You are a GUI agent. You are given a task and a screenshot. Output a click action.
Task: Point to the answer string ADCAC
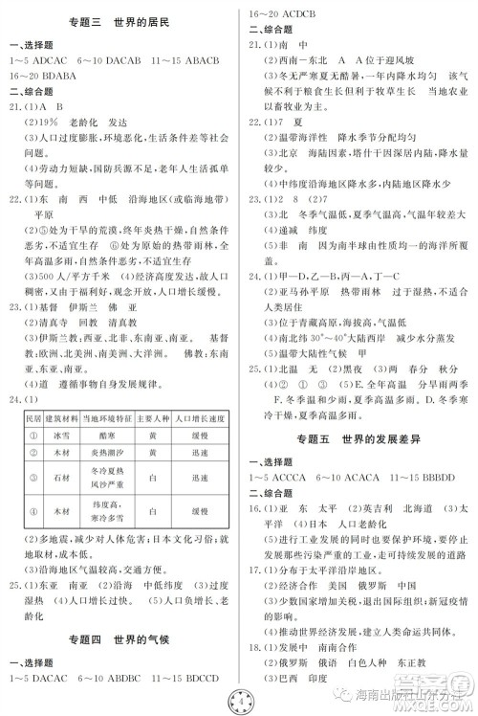(x=58, y=58)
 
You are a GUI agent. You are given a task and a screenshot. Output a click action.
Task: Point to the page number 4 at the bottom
(x=239, y=697)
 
